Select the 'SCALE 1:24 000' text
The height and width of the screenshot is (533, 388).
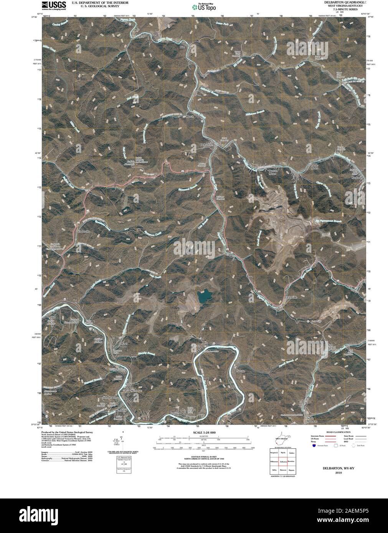(205, 432)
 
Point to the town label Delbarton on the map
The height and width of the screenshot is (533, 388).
(206, 145)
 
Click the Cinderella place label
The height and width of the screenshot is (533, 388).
(83, 231)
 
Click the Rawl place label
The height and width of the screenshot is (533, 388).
(124, 344)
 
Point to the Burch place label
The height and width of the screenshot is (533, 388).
(190, 117)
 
